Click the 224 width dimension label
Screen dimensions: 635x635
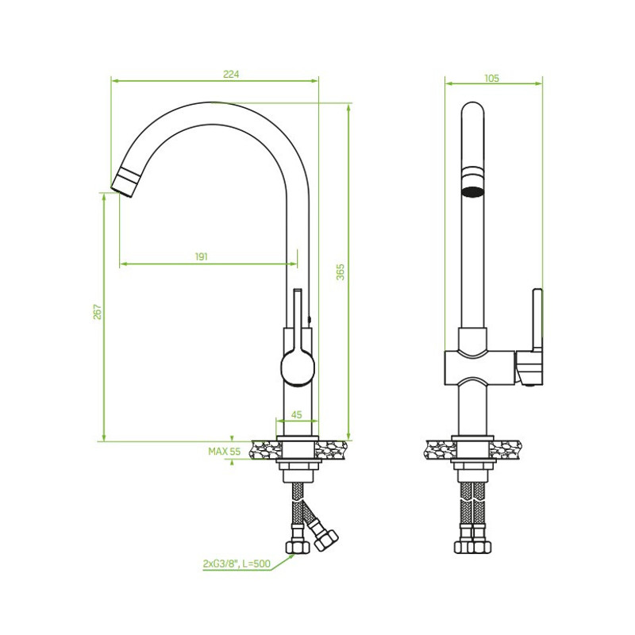point(231,74)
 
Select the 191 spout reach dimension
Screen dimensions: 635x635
point(202,256)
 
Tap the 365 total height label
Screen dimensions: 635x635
point(341,271)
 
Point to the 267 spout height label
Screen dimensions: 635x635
point(98,311)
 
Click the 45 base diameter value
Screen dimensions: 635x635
point(296,414)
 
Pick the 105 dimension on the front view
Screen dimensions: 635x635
point(492,78)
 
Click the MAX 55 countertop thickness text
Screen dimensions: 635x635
point(225,451)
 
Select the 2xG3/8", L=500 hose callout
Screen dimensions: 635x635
point(237,564)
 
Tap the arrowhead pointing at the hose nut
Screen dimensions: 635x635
point(291,557)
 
